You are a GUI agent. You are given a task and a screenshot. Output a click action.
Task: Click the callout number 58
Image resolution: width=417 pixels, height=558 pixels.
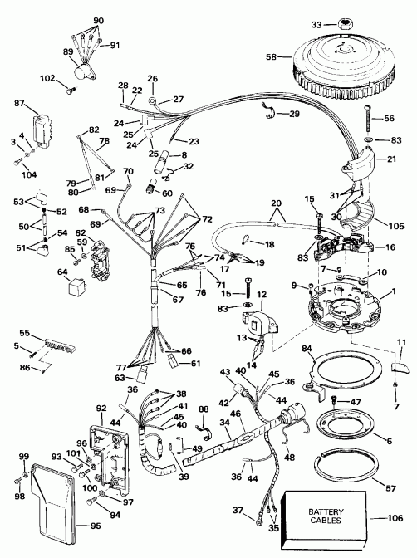coord(272,57)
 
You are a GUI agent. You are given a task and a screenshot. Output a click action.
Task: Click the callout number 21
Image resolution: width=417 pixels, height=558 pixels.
coord(394,159)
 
